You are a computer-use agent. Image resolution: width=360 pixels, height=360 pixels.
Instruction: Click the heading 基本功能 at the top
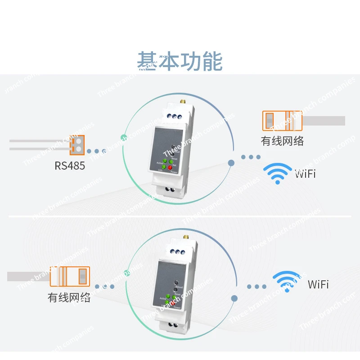pos(180,62)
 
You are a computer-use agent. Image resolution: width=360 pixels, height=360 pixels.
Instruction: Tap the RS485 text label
pos(70,166)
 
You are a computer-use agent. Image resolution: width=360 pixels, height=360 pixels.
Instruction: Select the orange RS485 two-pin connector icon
pos(77,144)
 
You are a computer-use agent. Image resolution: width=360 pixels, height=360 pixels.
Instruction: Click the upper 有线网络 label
pos(282,141)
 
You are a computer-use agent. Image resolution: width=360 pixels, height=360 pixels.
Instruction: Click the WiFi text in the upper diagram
pos(305,174)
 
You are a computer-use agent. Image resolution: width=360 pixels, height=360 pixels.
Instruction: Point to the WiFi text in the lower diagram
pos(318,284)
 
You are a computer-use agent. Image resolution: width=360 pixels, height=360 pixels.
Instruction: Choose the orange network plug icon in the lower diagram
pos(70,276)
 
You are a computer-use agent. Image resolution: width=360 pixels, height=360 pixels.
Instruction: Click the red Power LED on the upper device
pos(171,168)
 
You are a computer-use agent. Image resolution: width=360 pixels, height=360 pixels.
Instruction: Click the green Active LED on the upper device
pos(165,161)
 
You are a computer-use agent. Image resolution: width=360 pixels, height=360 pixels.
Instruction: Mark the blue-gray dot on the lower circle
pos(234,298)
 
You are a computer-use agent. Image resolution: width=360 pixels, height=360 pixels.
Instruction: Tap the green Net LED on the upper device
pos(171,162)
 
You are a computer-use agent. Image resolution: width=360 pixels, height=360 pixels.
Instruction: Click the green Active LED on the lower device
pos(167,297)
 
